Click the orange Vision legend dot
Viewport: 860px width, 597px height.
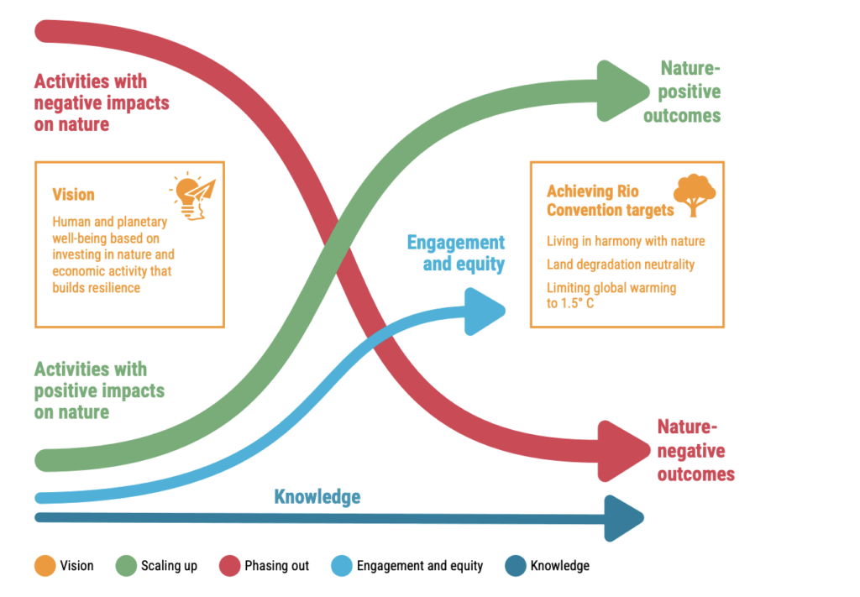click(x=45, y=565)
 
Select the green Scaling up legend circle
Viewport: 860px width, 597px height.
click(x=126, y=565)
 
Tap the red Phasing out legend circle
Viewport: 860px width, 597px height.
click(x=229, y=565)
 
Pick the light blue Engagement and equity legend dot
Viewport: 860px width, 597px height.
click(x=342, y=565)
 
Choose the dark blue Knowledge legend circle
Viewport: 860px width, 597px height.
click(x=515, y=565)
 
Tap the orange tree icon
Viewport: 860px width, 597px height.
click(x=695, y=195)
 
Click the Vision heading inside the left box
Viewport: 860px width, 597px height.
click(x=73, y=194)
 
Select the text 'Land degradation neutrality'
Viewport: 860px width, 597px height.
click(x=621, y=264)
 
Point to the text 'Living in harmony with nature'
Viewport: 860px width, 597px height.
click(x=626, y=241)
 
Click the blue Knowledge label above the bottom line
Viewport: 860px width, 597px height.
click(x=317, y=496)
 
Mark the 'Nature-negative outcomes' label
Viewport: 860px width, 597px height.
click(x=695, y=450)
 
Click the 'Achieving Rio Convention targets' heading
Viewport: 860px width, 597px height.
click(x=610, y=201)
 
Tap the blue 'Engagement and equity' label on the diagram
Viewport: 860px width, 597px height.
click(x=456, y=253)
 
